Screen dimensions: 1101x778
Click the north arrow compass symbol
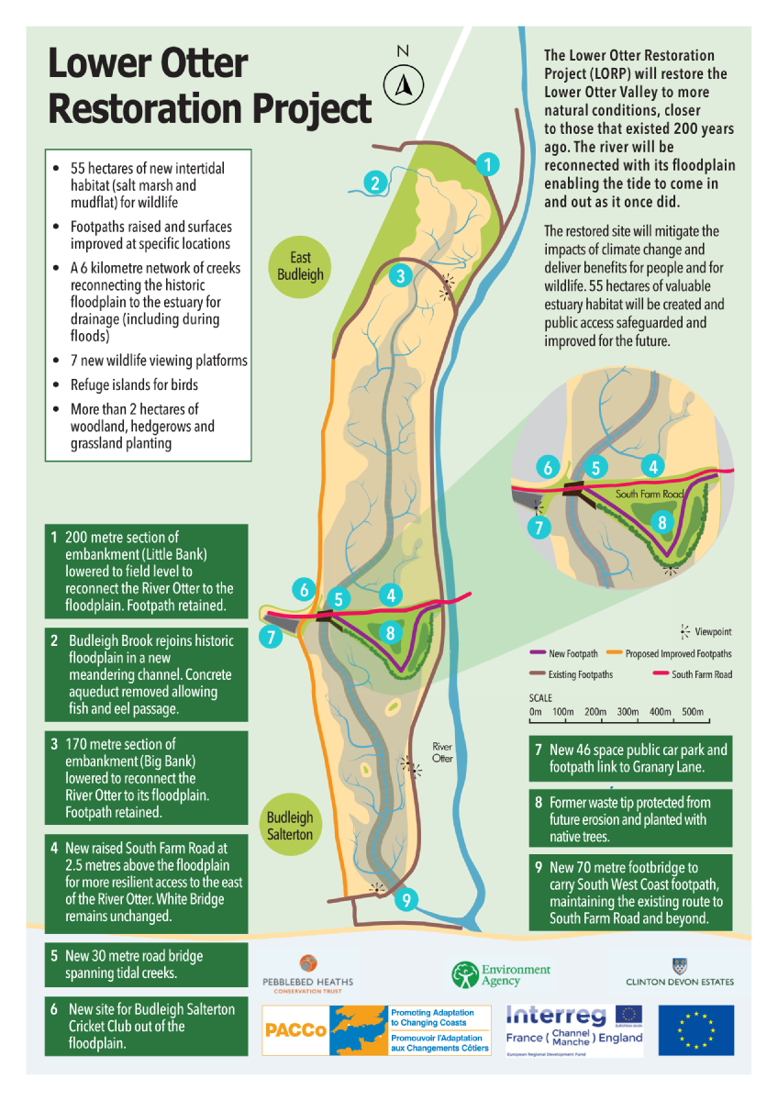pyautogui.click(x=403, y=84)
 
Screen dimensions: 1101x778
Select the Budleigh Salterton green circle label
pyautogui.click(x=290, y=826)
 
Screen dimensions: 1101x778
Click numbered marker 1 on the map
pyautogui.click(x=489, y=165)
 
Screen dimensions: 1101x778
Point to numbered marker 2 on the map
pyautogui.click(x=374, y=183)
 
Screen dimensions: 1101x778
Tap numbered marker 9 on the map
pyautogui.click(x=405, y=901)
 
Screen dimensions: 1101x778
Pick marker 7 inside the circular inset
pyautogui.click(x=539, y=528)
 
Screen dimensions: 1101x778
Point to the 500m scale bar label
pyautogui.click(x=692, y=713)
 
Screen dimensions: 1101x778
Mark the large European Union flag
pyautogui.click(x=695, y=1029)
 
